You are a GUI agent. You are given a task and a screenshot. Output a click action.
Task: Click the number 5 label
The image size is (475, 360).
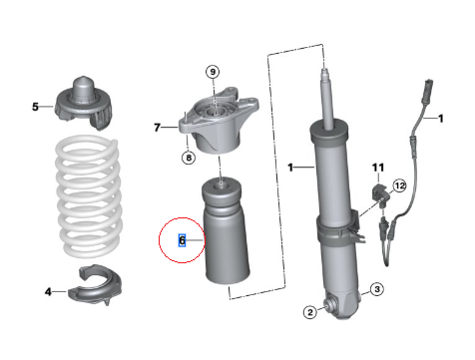[x=35, y=107]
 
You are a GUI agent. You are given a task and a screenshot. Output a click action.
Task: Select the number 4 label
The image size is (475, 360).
[x=48, y=292]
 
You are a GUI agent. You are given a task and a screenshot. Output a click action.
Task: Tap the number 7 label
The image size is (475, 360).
[x=158, y=128]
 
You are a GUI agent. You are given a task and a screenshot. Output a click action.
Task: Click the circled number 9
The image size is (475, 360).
[x=213, y=72]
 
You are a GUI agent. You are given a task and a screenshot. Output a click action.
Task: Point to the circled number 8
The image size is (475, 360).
[x=189, y=158]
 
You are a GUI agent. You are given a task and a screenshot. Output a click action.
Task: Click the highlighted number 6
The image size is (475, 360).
[x=182, y=240]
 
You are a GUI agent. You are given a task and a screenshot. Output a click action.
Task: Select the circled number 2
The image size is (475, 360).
[x=310, y=312]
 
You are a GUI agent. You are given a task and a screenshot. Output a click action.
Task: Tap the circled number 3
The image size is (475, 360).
[x=377, y=289]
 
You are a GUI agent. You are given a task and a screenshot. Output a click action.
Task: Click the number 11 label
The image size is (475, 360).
[x=378, y=168]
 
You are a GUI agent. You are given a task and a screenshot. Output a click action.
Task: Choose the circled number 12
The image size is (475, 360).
[x=399, y=185]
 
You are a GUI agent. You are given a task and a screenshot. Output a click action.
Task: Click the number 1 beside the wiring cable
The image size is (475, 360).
[x=441, y=119]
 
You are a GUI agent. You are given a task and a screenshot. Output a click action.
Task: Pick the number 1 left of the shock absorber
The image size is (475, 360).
[x=290, y=168]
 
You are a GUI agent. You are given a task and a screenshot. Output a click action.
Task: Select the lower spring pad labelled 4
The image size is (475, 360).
[x=96, y=285]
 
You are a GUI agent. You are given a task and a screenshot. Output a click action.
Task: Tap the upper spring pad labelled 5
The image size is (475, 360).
[x=83, y=103]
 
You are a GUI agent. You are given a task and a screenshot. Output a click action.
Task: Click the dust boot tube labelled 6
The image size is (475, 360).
[x=226, y=231]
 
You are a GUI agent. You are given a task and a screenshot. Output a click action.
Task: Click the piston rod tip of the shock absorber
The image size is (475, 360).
[x=325, y=71]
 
